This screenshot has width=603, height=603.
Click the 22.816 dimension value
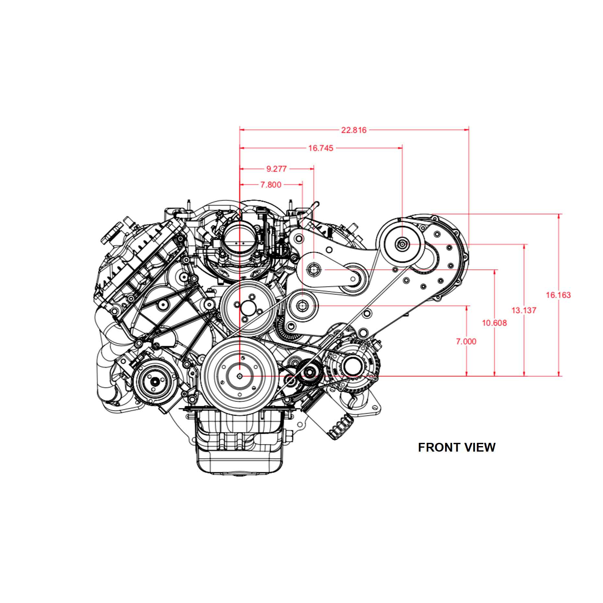point(354,130)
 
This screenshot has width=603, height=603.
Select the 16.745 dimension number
point(321,148)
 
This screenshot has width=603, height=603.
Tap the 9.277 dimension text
point(277,169)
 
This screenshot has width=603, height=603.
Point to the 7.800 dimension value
point(271,185)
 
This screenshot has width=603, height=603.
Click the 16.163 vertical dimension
point(558,295)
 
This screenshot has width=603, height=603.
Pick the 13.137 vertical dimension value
point(524,310)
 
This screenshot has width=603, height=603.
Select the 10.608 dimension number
point(494,323)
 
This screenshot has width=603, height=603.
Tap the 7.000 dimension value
point(466,341)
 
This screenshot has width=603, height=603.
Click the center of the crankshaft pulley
point(240,376)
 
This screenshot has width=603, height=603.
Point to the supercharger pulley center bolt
point(402,243)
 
